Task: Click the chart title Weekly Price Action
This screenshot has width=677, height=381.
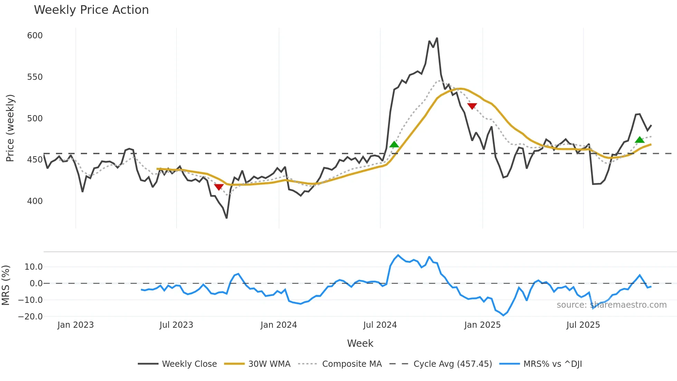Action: [x=91, y=10]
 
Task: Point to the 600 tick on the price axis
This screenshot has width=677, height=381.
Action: [x=35, y=36]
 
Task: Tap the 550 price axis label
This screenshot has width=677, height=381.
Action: [x=35, y=77]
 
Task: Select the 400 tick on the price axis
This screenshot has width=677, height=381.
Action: [x=35, y=201]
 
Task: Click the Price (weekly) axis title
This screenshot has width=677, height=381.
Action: [x=10, y=128]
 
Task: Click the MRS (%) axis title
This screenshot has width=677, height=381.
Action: [x=6, y=285]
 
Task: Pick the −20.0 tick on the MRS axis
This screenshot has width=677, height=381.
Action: [x=30, y=317]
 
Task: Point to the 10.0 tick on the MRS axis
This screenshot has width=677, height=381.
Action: [x=34, y=267]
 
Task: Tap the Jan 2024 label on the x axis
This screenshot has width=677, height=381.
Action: [x=278, y=325]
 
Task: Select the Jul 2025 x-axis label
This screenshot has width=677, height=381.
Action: [x=583, y=325]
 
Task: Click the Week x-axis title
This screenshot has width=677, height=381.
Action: [x=360, y=343]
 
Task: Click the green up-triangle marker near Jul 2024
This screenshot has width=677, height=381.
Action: [x=394, y=145]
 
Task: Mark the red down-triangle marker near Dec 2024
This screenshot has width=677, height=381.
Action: [x=472, y=106]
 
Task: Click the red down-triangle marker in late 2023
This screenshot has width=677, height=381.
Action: [x=219, y=187]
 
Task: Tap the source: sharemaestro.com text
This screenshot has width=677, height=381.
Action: [x=611, y=305]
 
